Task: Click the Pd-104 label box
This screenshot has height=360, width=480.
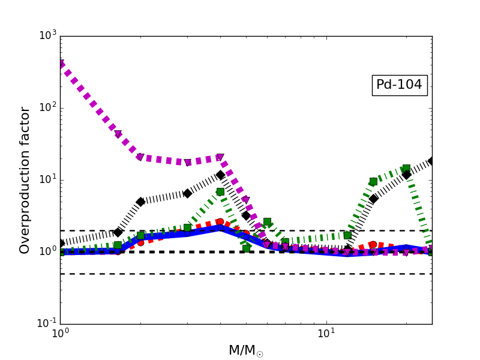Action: coord(399,85)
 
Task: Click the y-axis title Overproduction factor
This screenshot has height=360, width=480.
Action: coord(25,180)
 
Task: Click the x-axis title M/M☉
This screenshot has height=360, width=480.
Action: coord(245,350)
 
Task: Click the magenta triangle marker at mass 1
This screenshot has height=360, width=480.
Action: coord(61,64)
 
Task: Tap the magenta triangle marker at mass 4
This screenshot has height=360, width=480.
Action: coord(220,157)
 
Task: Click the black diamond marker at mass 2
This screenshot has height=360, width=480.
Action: coord(140,202)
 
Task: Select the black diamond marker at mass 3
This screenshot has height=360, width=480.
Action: coord(187,193)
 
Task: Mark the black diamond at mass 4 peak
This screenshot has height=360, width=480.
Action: coord(220,175)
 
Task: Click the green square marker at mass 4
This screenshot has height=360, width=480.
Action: coord(220,192)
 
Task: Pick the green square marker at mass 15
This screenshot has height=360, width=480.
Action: coord(373,181)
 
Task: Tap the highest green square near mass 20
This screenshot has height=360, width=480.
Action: coord(406,169)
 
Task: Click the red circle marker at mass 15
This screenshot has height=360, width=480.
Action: coord(373,244)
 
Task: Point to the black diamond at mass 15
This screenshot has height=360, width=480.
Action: coord(373,199)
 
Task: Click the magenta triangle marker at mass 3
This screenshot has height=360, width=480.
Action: coord(187,163)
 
